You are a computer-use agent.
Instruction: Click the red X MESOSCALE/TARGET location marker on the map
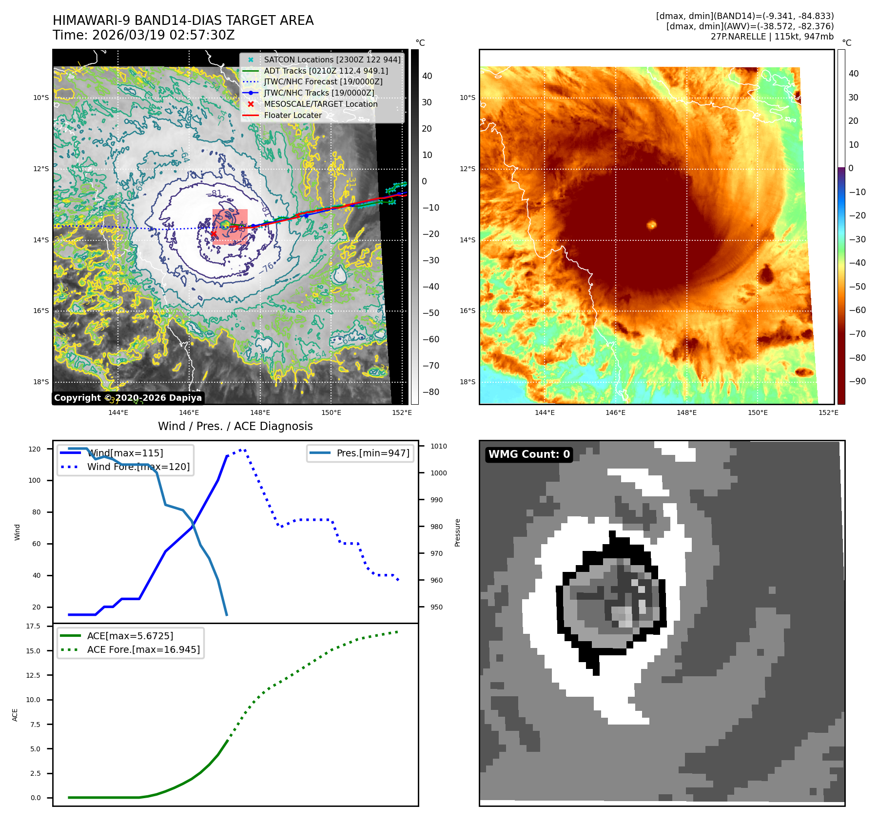click(x=214, y=234)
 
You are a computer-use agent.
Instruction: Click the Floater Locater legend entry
click(x=293, y=116)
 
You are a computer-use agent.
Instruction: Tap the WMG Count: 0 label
click(x=529, y=454)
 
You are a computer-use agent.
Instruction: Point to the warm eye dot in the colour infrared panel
click(x=652, y=225)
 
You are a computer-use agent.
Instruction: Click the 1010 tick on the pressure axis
click(x=439, y=446)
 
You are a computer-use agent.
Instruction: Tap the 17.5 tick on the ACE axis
click(x=33, y=626)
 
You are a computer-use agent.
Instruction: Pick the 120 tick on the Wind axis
click(x=35, y=449)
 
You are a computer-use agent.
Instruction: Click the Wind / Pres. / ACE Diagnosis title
click(x=235, y=426)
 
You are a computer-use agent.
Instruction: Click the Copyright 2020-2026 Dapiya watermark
click(x=128, y=398)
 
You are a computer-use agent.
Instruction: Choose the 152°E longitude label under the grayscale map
click(x=402, y=412)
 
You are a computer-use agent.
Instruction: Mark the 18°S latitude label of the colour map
click(x=467, y=382)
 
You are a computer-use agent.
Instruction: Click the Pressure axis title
click(x=457, y=532)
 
